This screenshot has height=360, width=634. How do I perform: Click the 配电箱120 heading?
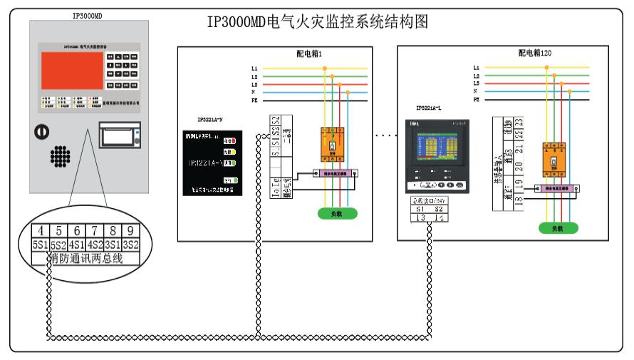(534, 53)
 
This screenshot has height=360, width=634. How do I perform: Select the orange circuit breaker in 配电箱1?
(333, 141)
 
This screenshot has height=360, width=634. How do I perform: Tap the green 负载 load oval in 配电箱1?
(337, 212)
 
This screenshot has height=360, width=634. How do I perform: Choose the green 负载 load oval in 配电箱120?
(558, 229)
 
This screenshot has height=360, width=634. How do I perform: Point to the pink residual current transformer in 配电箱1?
(334, 173)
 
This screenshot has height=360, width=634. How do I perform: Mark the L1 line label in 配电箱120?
(476, 68)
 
